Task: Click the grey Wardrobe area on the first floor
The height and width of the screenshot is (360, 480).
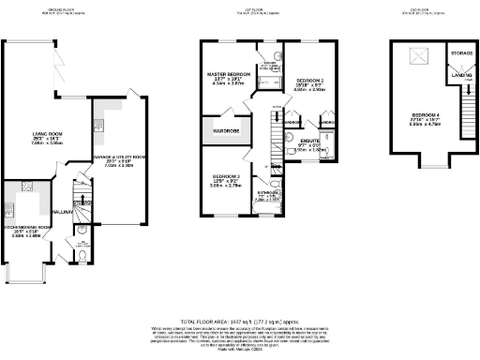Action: [227, 130]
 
